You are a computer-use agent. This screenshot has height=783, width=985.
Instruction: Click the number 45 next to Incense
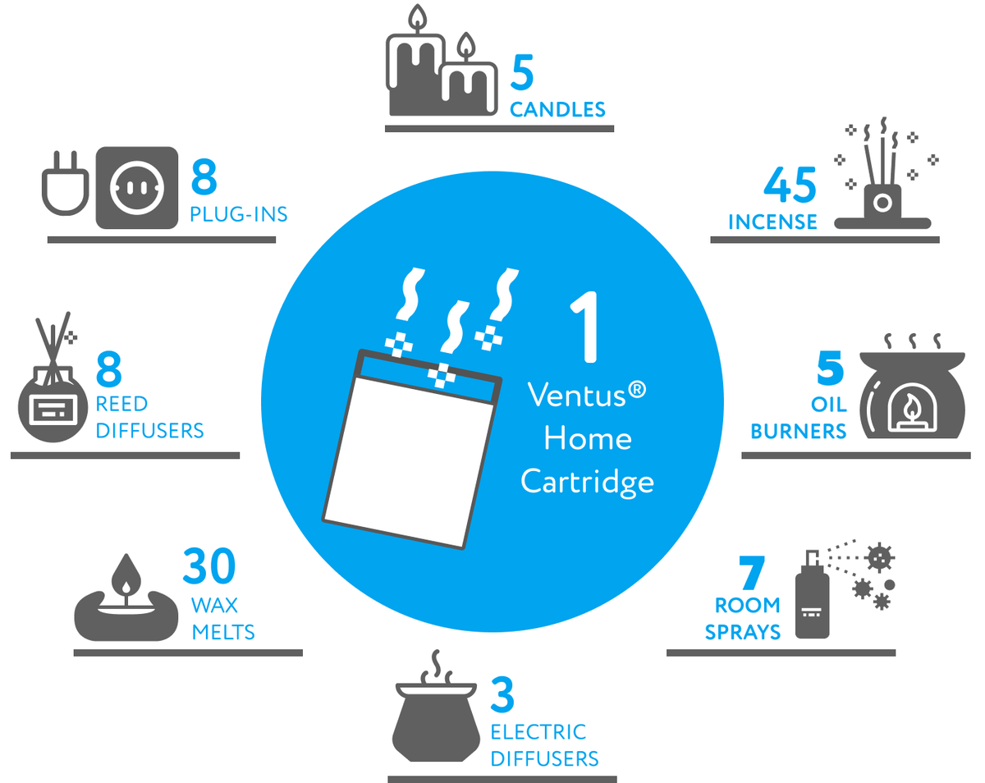click(790, 185)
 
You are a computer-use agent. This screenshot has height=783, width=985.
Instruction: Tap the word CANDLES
click(557, 109)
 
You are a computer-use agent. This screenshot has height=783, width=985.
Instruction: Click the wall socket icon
click(137, 187)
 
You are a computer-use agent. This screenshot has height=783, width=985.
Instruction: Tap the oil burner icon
click(910, 394)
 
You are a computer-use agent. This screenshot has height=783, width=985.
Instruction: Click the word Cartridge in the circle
click(587, 480)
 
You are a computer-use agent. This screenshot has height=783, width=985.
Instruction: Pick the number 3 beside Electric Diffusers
click(502, 694)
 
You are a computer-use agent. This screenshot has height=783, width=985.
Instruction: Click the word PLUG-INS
click(238, 215)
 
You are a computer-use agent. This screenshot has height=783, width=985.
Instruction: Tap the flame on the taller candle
click(419, 19)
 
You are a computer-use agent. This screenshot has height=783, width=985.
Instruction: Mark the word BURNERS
click(798, 432)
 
